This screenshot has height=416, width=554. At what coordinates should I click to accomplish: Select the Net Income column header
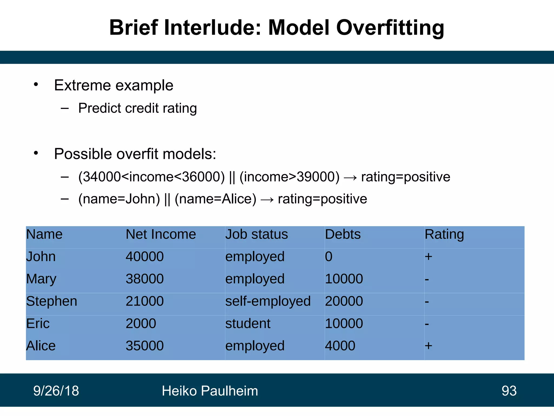[161, 234]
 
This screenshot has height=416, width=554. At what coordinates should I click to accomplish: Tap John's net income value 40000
[144, 256]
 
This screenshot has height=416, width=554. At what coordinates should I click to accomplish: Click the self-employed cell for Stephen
[268, 301]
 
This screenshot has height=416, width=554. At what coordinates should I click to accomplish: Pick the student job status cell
[248, 323]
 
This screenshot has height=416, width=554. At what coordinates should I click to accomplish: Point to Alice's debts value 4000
[340, 346]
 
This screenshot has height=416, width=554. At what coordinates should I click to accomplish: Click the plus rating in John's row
[428, 256]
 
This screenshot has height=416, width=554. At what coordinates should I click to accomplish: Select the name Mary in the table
[41, 279]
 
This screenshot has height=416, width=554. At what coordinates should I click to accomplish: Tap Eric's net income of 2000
[141, 323]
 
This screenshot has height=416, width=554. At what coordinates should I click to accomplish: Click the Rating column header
[444, 234]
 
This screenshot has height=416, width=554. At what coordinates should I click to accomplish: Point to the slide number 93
[509, 391]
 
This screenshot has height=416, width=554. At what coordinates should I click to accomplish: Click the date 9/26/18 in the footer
[56, 391]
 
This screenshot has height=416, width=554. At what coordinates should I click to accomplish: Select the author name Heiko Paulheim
[210, 391]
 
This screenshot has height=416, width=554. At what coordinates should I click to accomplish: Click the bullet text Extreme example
[114, 85]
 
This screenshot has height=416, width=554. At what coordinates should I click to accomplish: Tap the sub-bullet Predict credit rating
[137, 108]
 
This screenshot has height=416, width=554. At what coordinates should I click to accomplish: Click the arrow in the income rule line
[350, 178]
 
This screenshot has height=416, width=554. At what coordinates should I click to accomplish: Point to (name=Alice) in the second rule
[215, 199]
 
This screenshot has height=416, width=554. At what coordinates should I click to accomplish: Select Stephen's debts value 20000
[344, 301]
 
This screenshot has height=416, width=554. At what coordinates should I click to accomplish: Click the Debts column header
[342, 234]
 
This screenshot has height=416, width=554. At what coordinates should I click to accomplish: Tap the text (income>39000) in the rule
[289, 177]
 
